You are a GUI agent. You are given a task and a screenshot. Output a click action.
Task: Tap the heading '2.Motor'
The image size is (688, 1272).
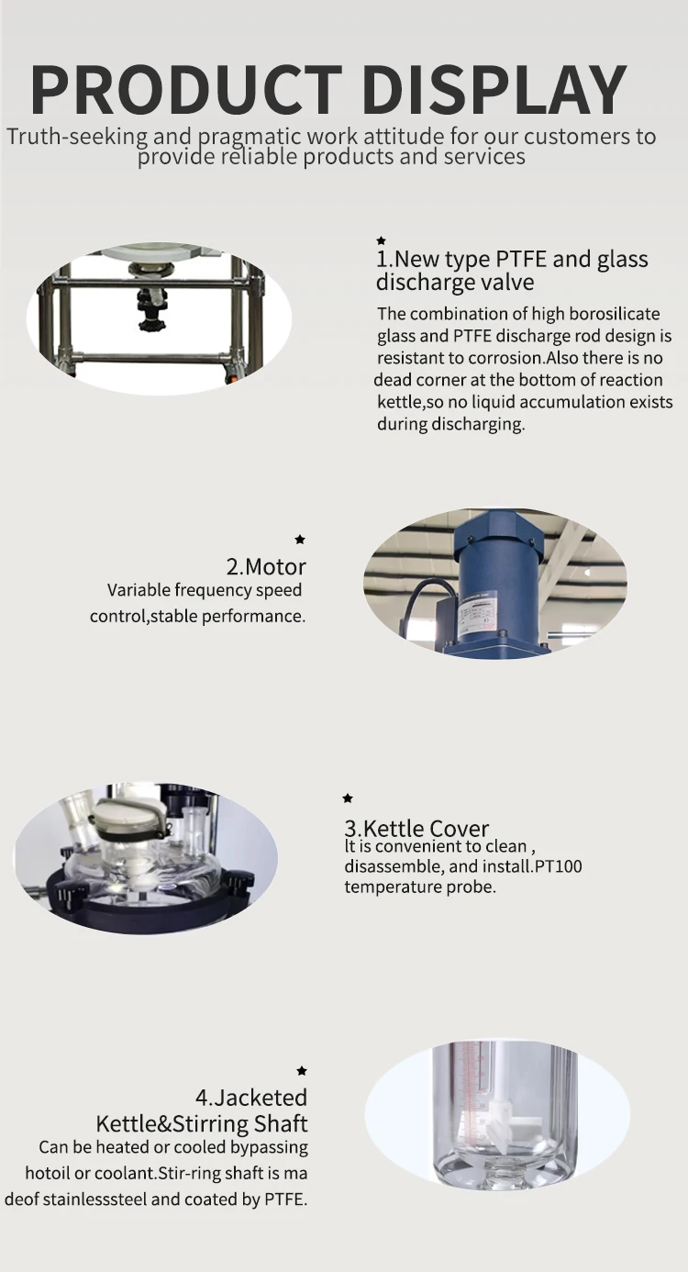coord(266,566)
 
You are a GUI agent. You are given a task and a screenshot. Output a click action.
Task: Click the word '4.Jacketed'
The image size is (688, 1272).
coord(250,1098)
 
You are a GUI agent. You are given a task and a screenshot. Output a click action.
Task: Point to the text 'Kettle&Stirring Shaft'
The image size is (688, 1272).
coord(202,1123)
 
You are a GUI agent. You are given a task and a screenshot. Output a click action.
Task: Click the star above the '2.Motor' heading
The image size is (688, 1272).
coord(300,540)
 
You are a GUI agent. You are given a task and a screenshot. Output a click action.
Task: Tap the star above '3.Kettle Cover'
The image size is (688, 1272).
coord(348,798)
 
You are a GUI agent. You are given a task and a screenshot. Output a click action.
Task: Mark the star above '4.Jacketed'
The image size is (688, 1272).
coord(302,1071)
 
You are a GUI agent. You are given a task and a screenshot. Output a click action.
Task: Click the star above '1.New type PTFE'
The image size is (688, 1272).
coord(382,240)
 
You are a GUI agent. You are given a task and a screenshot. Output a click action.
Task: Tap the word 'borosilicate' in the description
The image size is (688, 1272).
coord(611,314)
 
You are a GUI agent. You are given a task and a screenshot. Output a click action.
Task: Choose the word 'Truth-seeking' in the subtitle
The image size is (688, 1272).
coord(77,137)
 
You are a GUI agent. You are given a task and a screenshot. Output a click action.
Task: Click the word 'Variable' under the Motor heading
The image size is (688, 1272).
coord(139,590)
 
